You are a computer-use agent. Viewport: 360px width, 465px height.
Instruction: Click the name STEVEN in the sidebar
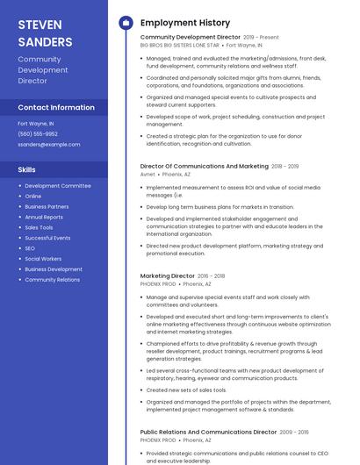tap(40, 25)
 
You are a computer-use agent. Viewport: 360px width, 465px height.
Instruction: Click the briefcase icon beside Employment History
tap(126, 23)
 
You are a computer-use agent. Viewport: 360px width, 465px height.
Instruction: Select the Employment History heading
tap(185, 23)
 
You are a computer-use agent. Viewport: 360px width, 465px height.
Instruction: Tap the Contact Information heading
tap(56, 107)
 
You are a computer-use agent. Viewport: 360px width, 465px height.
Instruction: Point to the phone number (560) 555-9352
tap(38, 133)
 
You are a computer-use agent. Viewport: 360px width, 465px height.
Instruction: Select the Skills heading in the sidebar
tap(27, 168)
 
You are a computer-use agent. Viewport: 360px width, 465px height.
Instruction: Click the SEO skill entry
tap(31, 248)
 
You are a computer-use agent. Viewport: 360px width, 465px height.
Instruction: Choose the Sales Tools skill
tap(39, 227)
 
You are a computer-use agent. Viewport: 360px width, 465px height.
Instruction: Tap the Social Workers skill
tap(43, 259)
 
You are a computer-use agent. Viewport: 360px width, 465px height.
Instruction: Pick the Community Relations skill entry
tap(52, 280)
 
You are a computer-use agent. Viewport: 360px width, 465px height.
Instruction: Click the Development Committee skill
tap(57, 186)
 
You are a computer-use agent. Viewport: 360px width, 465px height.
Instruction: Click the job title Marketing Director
tap(167, 275)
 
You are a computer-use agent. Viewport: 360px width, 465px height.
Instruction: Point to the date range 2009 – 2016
tap(294, 433)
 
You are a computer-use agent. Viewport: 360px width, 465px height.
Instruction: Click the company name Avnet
tap(148, 174)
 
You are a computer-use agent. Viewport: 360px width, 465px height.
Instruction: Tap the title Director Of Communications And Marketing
tap(204, 166)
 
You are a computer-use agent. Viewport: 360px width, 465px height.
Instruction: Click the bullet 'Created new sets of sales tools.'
tap(185, 390)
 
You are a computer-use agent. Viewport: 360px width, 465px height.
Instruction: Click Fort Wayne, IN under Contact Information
tap(36, 124)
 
